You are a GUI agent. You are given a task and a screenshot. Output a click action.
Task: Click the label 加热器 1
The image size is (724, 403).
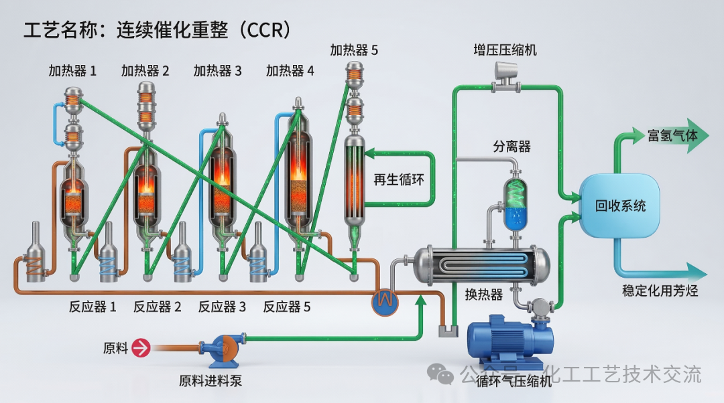pyautogui.click(x=72, y=70)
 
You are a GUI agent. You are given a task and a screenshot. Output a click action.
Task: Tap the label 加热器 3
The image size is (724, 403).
pyautogui.click(x=217, y=70)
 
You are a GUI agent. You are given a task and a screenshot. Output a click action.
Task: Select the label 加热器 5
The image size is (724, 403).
pyautogui.click(x=354, y=50)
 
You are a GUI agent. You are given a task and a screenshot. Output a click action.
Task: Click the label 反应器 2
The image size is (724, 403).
pyautogui.click(x=157, y=307)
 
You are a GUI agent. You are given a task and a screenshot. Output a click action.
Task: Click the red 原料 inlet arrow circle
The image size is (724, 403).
pyautogui.click(x=141, y=347)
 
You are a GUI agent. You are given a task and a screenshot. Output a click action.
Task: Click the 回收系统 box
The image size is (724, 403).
pyautogui.click(x=620, y=205)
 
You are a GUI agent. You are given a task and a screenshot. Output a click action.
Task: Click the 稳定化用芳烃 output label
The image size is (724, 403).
pyautogui.click(x=660, y=291)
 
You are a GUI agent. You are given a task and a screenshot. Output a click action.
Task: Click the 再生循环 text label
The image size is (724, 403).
pyautogui.click(x=398, y=179)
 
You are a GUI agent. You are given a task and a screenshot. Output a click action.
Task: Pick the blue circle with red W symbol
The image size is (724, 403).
pyautogui.click(x=385, y=301)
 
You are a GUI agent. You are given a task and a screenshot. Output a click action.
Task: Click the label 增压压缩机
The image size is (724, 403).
pyautogui.click(x=505, y=50)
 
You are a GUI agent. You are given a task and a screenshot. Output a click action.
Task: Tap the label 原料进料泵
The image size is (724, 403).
pyautogui.click(x=210, y=382)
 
